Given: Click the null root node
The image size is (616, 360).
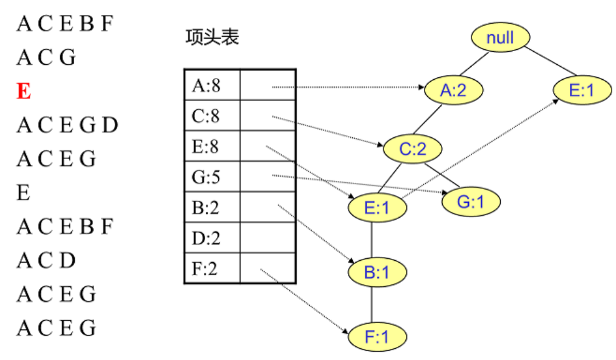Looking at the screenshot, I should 500,38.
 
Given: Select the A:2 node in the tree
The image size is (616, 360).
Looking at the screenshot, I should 453,91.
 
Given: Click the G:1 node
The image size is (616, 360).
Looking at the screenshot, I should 471,202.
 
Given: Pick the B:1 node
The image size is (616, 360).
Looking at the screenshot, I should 377,272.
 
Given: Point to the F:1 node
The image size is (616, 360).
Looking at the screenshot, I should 377,338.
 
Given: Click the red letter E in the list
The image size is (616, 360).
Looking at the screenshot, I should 24,92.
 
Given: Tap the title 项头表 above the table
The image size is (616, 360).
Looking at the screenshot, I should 212,38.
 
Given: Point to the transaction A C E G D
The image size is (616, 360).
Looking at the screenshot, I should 67,125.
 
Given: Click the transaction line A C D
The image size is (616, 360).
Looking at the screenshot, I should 46,259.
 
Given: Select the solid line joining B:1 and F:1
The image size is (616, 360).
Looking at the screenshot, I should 372,304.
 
